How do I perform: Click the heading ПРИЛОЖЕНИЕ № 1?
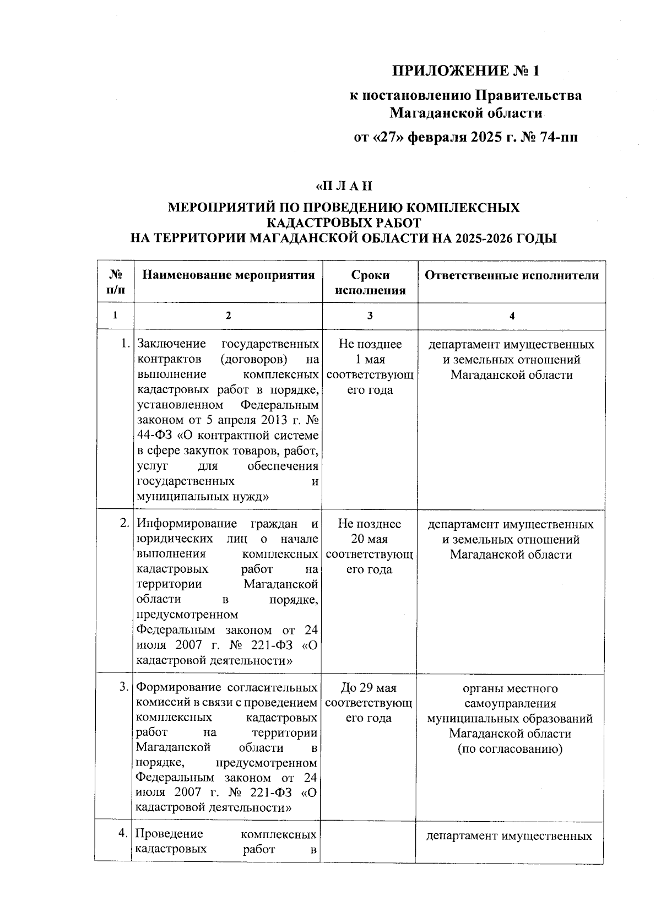pyautogui.click(x=466, y=71)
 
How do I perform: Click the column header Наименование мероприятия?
pyautogui.click(x=228, y=275)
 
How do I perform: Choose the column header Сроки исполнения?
pyautogui.click(x=370, y=283)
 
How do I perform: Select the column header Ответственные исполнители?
pyautogui.click(x=511, y=275)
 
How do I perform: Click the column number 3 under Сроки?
pyautogui.click(x=370, y=316)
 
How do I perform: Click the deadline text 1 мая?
pyautogui.click(x=370, y=360)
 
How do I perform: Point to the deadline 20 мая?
pyautogui.click(x=369, y=539)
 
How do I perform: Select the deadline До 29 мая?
pyautogui.click(x=369, y=688)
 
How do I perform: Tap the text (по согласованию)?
pyautogui.click(x=510, y=749)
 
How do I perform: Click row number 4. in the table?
pyautogui.click(x=124, y=834)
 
